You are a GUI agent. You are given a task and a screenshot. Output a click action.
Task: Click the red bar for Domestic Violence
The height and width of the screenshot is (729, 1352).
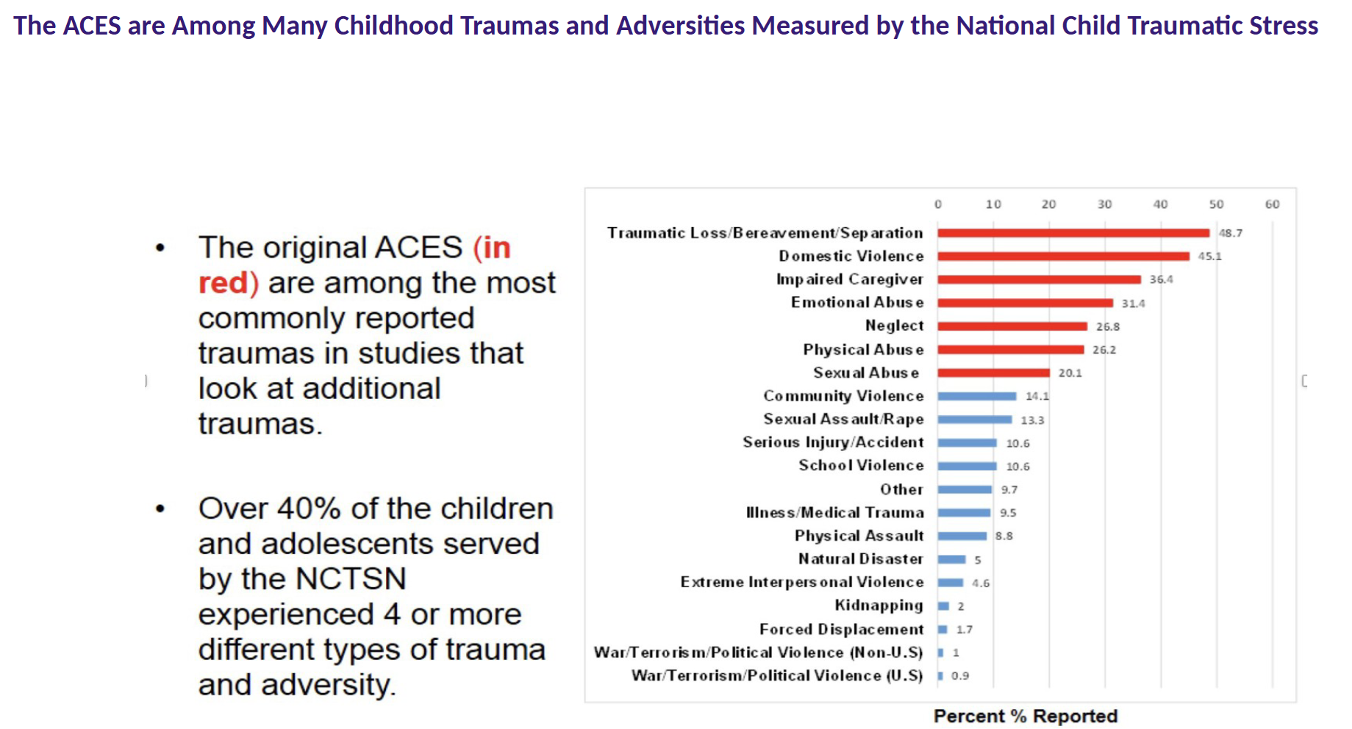(1063, 256)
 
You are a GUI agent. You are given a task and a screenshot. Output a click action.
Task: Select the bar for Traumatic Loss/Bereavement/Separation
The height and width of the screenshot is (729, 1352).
(1073, 233)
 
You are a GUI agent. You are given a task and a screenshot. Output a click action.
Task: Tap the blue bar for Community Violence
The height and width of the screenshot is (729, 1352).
(977, 396)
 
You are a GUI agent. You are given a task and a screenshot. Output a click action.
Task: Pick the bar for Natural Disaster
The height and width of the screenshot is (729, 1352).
(951, 559)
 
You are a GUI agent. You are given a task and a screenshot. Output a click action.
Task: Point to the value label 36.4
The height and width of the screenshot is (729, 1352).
(1162, 279)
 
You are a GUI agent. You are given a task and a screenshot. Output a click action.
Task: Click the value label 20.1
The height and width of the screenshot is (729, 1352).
(1070, 373)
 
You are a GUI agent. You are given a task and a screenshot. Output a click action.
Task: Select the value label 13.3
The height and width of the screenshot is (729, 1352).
(1032, 420)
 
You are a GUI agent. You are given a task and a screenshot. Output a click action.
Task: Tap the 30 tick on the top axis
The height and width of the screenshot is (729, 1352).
(1104, 204)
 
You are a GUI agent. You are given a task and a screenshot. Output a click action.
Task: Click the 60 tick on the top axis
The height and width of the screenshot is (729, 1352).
(1272, 204)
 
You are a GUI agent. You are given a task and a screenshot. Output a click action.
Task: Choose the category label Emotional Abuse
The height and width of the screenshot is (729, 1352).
(857, 303)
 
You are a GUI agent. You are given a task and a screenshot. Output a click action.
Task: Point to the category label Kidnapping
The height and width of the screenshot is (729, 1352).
(879, 606)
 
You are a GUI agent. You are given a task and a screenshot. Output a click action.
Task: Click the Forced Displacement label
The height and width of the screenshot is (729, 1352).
(841, 629)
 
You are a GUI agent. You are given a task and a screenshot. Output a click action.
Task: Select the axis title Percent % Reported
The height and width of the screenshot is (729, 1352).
(1026, 716)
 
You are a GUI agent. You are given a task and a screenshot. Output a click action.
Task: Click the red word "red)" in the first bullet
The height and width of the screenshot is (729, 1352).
(229, 283)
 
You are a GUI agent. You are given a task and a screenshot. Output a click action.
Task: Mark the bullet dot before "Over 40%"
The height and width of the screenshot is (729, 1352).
(160, 509)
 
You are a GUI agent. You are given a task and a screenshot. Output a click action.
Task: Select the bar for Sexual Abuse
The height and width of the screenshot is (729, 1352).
(993, 373)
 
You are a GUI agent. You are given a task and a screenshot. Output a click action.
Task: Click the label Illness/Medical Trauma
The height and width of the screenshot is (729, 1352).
(834, 512)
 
